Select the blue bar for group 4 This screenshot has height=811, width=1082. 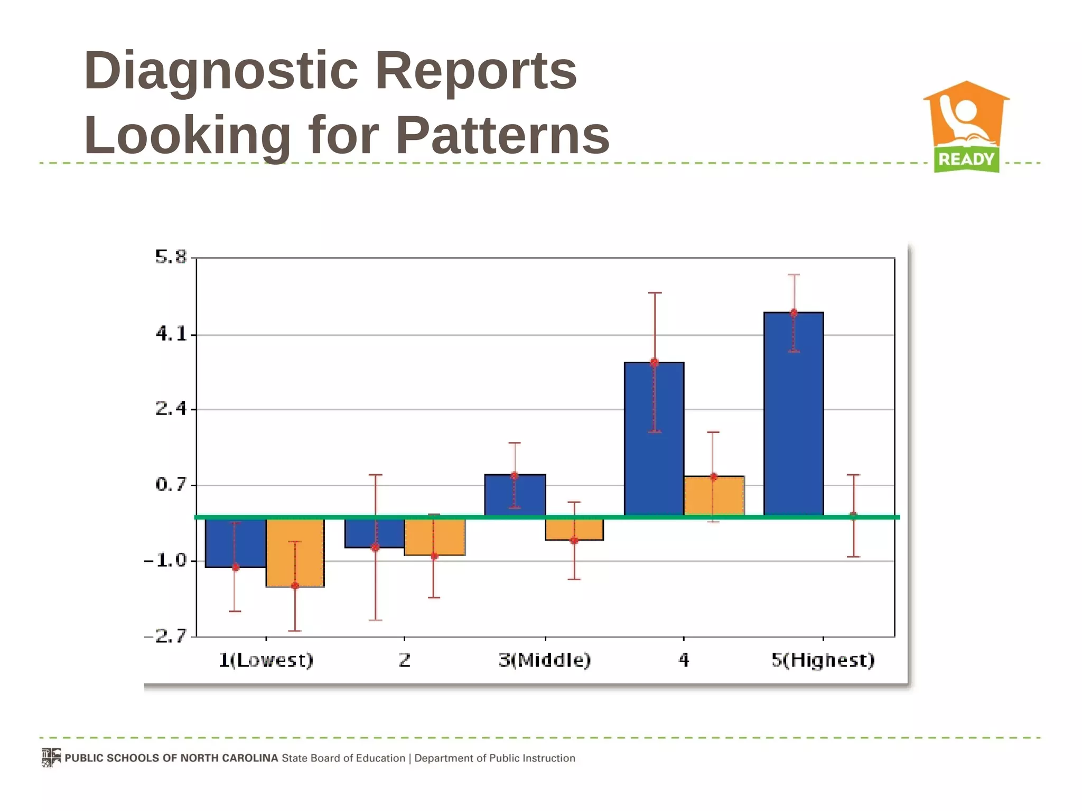(x=654, y=438)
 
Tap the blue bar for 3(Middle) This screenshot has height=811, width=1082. (x=515, y=495)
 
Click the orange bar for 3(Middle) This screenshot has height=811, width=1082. (x=574, y=530)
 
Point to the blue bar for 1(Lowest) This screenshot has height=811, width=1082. (x=236, y=543)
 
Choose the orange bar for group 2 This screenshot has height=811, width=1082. (x=434, y=537)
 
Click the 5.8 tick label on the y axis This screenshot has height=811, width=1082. (x=171, y=257)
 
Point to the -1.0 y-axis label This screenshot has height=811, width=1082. (x=166, y=560)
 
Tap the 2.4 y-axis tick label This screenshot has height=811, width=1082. (x=171, y=409)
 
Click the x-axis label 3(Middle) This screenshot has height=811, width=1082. (x=545, y=660)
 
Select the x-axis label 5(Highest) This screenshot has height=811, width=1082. (x=823, y=660)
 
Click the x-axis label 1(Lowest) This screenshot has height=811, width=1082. (x=266, y=660)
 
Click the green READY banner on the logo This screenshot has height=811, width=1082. (x=966, y=159)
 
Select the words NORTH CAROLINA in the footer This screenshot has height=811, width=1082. (x=229, y=758)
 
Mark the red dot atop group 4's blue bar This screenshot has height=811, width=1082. (x=654, y=363)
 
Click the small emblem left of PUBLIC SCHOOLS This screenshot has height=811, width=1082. (x=51, y=758)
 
